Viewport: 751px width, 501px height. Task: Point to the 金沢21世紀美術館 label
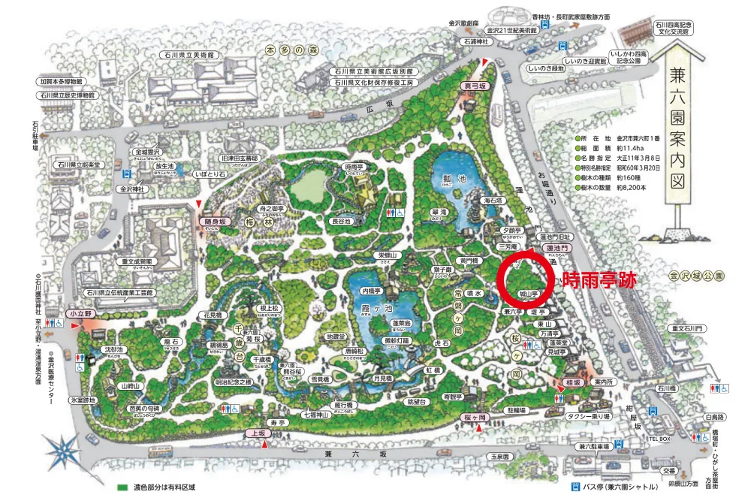[x=511, y=31]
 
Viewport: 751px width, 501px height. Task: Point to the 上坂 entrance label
[x=255, y=434]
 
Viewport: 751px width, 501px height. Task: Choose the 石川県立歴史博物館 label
[x=68, y=95]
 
